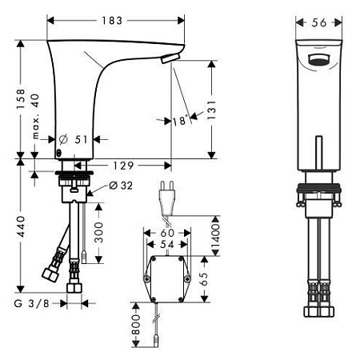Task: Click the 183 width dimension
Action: click(112, 21)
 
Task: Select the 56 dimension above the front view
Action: click(319, 23)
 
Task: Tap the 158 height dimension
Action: click(21, 99)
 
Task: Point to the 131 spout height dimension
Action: click(211, 110)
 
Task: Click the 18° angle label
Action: click(180, 121)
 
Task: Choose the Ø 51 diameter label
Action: click(74, 139)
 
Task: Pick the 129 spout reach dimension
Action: click(123, 166)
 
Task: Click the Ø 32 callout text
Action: click(121, 186)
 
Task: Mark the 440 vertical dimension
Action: click(21, 227)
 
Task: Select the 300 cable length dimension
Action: click(99, 233)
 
